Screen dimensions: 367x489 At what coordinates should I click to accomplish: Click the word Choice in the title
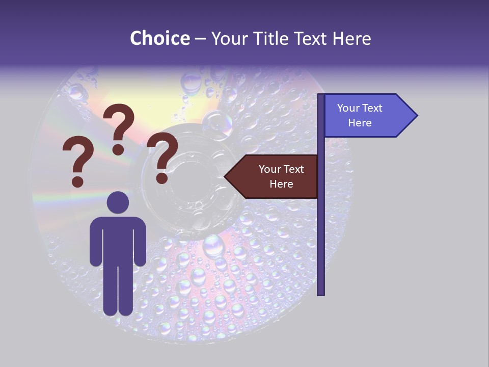click(x=159, y=38)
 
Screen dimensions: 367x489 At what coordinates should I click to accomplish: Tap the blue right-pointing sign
click(x=367, y=116)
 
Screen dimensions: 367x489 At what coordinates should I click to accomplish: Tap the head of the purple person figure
click(x=118, y=203)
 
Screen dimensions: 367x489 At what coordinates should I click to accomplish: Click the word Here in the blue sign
click(x=360, y=123)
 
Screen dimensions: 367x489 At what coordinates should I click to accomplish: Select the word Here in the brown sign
click(x=281, y=184)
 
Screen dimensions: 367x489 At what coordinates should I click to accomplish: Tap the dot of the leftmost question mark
click(x=77, y=181)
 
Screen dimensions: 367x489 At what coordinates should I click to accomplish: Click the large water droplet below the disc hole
click(x=214, y=246)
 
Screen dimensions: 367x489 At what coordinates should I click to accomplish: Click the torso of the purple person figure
click(x=118, y=240)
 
